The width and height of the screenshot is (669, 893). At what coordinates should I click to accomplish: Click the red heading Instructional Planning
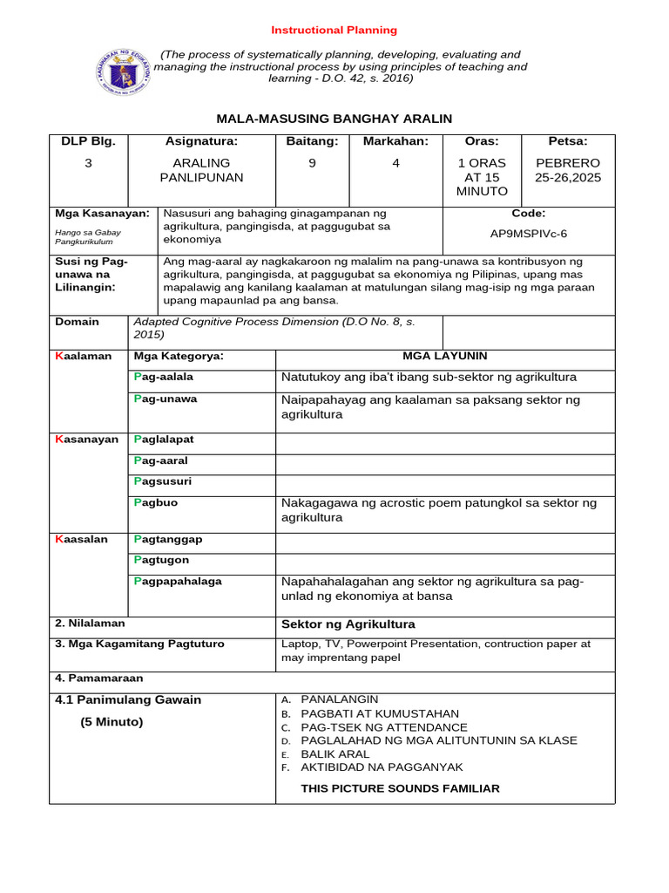point(334,30)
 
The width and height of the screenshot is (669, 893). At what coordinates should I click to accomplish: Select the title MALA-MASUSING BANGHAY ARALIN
point(334,119)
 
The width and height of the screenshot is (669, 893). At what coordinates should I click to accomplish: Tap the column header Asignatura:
point(201,141)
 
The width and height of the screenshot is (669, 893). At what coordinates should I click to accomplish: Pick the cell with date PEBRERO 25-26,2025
point(568,170)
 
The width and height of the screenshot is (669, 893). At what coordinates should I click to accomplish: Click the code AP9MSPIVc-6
point(529,234)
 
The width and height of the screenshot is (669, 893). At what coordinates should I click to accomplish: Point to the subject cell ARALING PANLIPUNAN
point(201,170)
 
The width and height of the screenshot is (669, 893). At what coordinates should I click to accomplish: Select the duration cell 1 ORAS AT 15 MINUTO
point(482,177)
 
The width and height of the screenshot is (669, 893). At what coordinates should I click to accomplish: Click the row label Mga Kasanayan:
point(102,213)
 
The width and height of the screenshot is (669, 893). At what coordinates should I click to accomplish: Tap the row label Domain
point(77,322)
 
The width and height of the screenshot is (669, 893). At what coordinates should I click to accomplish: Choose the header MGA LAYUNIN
point(444,356)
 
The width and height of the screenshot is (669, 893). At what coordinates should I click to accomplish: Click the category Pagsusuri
point(162,481)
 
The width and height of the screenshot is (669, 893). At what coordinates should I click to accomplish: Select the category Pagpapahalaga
point(177,581)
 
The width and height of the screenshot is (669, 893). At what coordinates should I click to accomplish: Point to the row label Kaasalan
point(81,539)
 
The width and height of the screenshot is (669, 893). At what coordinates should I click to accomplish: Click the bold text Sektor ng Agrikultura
point(348,624)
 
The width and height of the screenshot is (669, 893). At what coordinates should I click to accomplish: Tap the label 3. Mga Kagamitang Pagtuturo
point(139,644)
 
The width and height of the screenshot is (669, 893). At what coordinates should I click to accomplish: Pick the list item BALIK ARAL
point(334,753)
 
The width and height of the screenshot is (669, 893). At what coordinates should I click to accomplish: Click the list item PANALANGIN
point(339,699)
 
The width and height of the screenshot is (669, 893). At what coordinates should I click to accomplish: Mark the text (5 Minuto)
point(111,722)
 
